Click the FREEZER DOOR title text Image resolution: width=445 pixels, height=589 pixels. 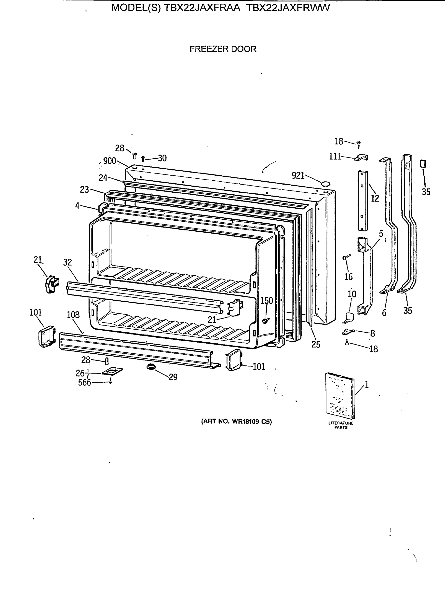pos(223,49)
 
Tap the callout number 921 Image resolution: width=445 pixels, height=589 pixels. pos(298,175)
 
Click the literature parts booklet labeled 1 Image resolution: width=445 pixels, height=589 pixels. pos(339,395)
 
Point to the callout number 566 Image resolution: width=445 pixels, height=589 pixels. pos(84,383)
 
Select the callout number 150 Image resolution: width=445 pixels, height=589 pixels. pos(266,301)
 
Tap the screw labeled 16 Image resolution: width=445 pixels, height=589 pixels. pos(346,257)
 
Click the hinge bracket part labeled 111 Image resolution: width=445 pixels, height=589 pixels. pos(361,158)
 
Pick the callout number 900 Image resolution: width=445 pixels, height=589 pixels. pos(109,161)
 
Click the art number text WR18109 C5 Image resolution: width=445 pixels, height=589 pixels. pos(236,422)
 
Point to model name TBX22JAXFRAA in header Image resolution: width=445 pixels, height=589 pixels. pos(202,8)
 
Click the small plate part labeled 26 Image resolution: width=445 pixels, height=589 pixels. pos(112,372)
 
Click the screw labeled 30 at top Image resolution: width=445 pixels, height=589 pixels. pos(143,159)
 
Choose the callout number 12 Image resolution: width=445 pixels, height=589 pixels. pos(375,198)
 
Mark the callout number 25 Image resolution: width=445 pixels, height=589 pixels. pos(316,345)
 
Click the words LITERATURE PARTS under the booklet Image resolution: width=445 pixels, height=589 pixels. pos(341,425)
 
